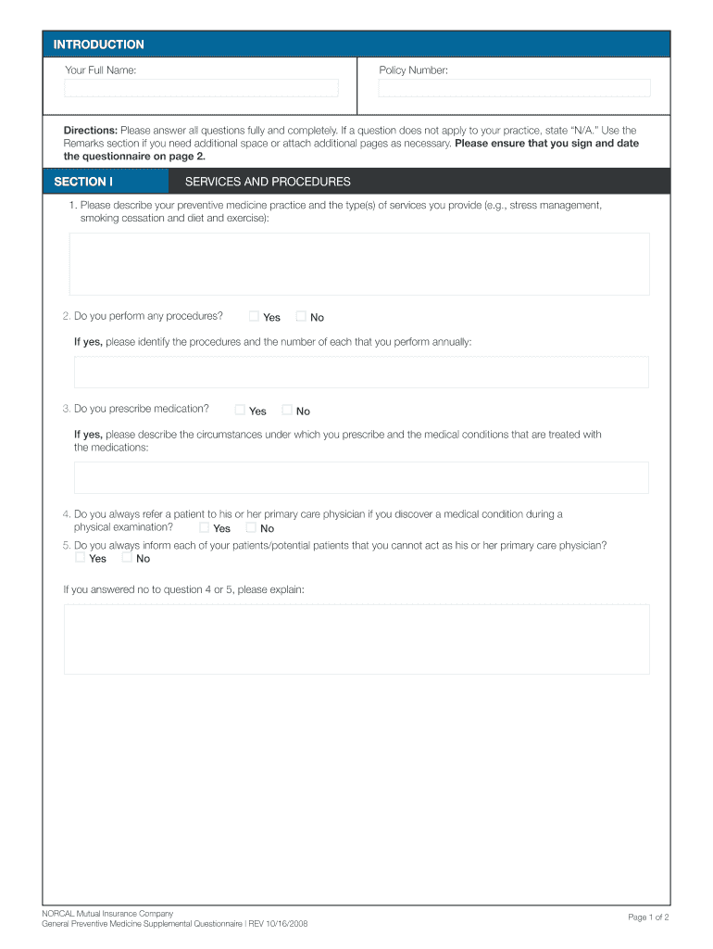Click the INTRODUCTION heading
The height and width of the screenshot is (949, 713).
coord(98,44)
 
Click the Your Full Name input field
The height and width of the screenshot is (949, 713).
coord(201,88)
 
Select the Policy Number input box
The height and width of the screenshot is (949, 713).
coord(514,88)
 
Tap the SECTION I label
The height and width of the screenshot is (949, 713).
coord(83,182)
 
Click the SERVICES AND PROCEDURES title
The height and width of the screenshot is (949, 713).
coord(268,182)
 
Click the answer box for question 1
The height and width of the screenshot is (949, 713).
coord(359,264)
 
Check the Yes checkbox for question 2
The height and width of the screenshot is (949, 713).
coord(254,316)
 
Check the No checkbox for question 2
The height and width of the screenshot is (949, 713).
coord(300,316)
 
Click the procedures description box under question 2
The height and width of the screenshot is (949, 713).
coord(361,373)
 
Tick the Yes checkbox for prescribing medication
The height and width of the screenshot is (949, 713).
coord(240,410)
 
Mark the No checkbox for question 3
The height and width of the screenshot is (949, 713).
coord(287,410)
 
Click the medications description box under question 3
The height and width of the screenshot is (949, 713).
coord(361,478)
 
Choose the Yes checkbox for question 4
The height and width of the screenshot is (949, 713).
coord(204,527)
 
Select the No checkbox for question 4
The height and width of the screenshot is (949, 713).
coord(250,527)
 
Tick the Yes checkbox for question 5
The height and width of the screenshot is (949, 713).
coord(80,557)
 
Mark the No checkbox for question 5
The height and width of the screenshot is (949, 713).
coord(127,557)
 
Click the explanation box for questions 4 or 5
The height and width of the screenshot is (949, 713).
coord(356,639)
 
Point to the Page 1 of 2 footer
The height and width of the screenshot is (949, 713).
coord(648,917)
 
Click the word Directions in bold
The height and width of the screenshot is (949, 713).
coord(90,131)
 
